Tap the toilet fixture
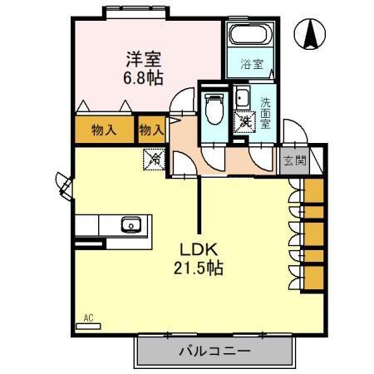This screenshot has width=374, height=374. coord(214,107)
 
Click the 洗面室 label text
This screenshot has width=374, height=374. coord(265,112)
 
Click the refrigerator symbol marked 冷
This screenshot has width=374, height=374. coord(155,155)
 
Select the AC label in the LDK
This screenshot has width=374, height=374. coord(89,317)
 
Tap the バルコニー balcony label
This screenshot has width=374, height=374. coord(214,352)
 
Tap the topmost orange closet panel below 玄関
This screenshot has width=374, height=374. coord(314,190)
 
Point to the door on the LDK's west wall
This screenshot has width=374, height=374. coord(63,184)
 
